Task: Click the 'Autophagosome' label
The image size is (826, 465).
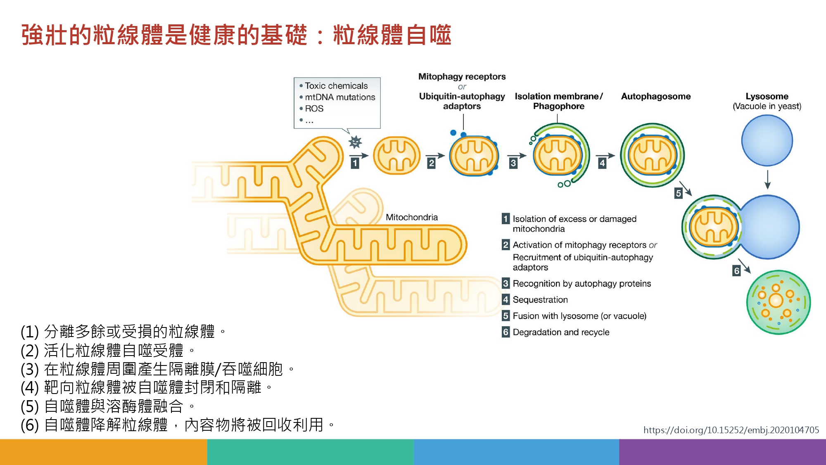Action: (656, 97)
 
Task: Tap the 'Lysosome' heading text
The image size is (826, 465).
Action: (767, 96)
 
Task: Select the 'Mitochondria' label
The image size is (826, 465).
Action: (412, 217)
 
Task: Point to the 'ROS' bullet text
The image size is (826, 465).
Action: (314, 109)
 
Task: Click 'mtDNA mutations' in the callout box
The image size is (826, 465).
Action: (340, 97)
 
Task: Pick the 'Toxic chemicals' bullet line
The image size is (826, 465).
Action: (336, 86)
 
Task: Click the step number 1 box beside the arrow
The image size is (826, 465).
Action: (355, 163)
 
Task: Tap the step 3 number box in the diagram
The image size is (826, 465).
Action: (513, 163)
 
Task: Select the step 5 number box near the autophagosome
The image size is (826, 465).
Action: (678, 193)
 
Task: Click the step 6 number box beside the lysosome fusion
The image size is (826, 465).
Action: (736, 271)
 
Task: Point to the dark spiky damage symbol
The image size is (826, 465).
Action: (355, 142)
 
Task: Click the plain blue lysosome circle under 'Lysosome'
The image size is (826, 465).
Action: (767, 140)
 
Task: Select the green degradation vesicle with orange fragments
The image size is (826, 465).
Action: (778, 302)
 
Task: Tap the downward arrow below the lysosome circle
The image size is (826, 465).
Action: (767, 179)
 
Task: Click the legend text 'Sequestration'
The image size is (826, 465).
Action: (540, 300)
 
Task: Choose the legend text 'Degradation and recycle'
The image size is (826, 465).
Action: (561, 332)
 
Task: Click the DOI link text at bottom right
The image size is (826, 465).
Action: (731, 430)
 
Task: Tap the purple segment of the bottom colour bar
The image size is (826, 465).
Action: (723, 452)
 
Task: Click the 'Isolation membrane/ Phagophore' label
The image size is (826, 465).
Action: (559, 101)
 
